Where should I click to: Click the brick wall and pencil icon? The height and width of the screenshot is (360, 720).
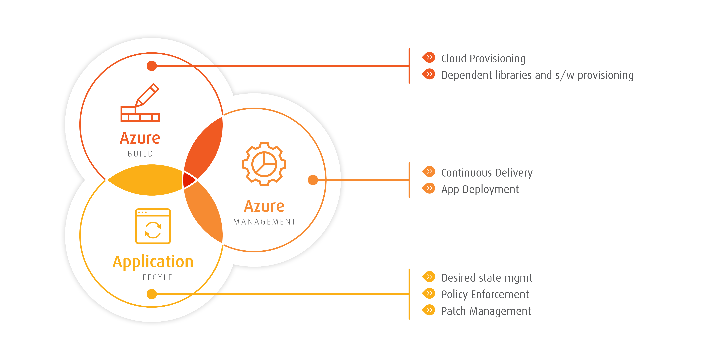[140, 103]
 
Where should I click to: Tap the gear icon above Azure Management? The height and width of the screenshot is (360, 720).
[264, 164]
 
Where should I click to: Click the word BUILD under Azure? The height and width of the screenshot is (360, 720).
[140, 154]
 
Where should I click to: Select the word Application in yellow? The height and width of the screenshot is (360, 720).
[153, 262]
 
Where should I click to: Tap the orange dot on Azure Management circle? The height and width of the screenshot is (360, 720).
[313, 180]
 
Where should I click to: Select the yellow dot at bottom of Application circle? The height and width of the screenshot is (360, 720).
[151, 294]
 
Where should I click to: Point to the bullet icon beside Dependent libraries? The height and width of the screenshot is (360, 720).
[429, 74]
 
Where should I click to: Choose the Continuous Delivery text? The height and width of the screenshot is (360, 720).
[487, 173]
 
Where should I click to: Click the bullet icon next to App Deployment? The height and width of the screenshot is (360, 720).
[429, 188]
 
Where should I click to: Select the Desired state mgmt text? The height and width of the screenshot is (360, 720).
[486, 278]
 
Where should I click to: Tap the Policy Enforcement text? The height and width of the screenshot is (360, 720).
[485, 294]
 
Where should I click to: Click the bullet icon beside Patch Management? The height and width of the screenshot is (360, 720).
[429, 310]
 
